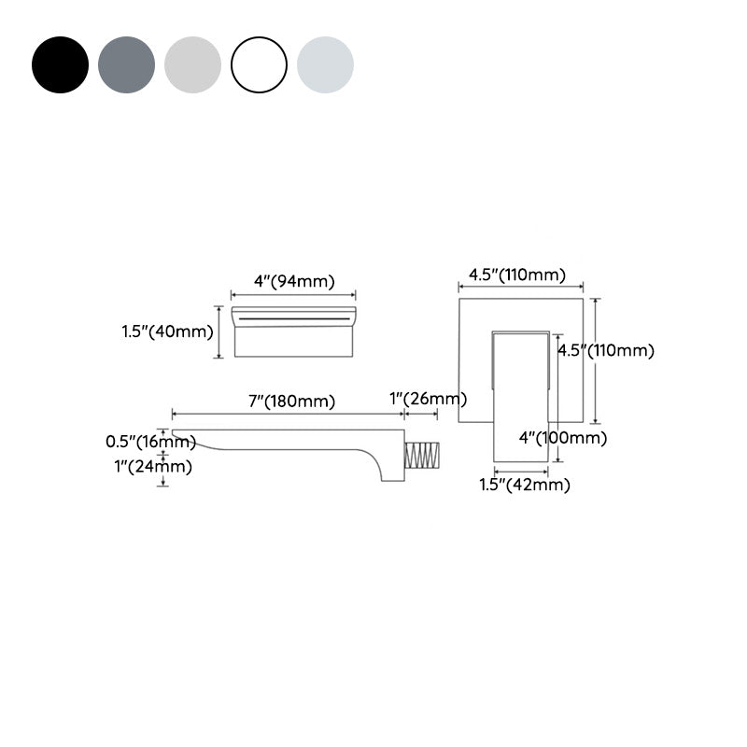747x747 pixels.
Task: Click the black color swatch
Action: tap(60, 64)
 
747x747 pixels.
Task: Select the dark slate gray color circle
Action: tap(126, 64)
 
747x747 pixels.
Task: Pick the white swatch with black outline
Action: tap(260, 64)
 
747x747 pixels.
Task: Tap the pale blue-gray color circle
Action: tap(325, 64)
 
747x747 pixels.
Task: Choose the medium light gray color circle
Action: tap(192, 64)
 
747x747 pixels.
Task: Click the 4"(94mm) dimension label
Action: tap(294, 281)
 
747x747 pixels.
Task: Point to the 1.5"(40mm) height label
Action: tap(167, 331)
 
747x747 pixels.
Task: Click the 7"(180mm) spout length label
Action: tap(291, 402)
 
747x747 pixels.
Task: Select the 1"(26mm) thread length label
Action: tap(428, 399)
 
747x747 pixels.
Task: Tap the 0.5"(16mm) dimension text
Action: tap(150, 442)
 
